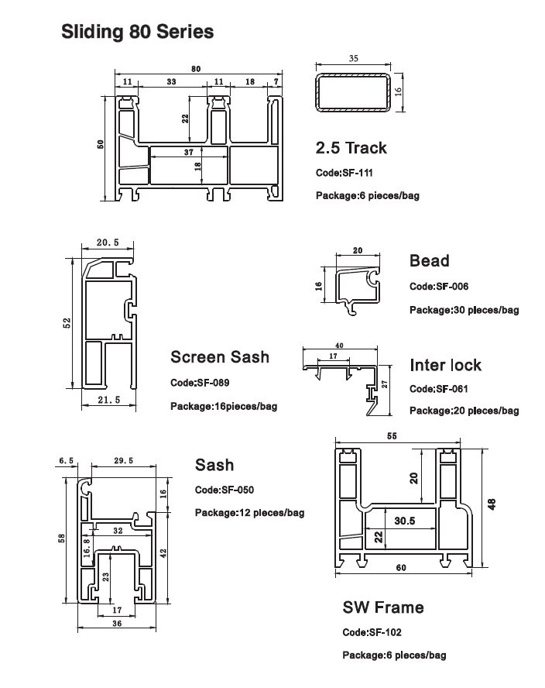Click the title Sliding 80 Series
[137, 33]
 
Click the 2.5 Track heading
[351, 147]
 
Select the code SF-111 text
[344, 173]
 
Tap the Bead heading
[429, 261]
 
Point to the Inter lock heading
[445, 365]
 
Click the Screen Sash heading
[220, 356]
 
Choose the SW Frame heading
[382, 607]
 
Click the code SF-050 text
[224, 490]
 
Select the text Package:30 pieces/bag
[464, 310]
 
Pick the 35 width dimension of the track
[354, 58]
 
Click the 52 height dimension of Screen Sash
[67, 321]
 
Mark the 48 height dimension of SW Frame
[490, 503]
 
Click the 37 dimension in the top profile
[189, 153]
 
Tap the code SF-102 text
[372, 632]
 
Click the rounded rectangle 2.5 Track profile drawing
[354, 91]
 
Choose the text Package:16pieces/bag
[223, 406]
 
